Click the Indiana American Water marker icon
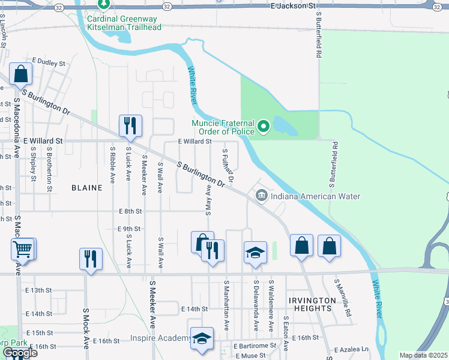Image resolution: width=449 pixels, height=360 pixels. coord(262,196)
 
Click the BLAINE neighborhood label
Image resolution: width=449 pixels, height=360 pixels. coord(87,187)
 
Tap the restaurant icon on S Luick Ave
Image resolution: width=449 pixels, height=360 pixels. coord(130,125)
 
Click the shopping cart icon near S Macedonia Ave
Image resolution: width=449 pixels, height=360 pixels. coord(23,248)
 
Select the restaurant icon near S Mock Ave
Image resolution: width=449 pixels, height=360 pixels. coord(91,259)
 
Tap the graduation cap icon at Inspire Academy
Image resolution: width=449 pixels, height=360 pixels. coord(202,338)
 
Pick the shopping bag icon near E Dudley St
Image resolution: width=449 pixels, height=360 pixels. coord(21,74)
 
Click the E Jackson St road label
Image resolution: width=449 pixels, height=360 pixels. coord(293,5)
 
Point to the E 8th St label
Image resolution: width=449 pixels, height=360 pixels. coord(130,211)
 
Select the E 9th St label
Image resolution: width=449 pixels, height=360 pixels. coord(129,229)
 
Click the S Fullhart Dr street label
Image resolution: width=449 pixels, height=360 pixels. coord(227,166)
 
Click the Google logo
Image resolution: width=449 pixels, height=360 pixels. coord(19,353)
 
